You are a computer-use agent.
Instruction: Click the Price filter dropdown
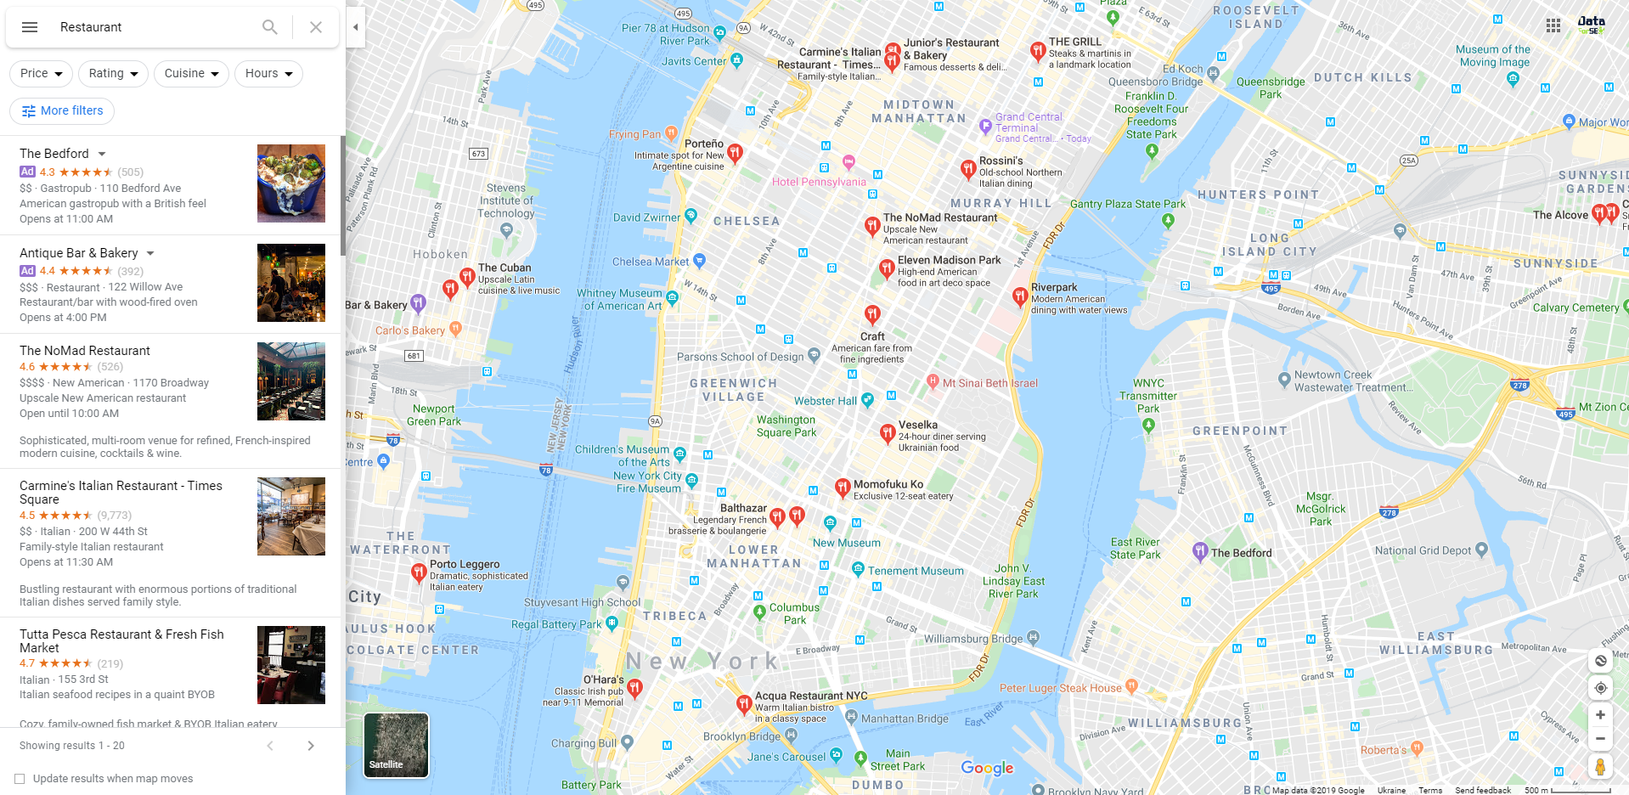click(x=41, y=74)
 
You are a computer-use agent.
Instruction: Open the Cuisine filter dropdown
click(x=191, y=74)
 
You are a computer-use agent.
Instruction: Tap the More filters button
click(x=62, y=111)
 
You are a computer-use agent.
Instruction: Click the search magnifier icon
click(x=269, y=27)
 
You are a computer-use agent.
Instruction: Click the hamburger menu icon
click(x=30, y=27)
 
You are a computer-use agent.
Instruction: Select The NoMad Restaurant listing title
click(x=85, y=351)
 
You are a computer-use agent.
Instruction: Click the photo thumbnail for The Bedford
click(x=290, y=183)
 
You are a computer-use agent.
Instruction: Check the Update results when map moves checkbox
click(x=20, y=779)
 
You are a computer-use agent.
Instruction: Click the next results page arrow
click(x=311, y=746)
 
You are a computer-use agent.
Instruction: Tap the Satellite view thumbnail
click(x=396, y=745)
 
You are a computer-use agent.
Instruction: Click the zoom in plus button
click(x=1600, y=715)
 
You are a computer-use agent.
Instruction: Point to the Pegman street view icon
click(x=1600, y=767)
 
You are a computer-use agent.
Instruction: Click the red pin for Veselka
click(x=887, y=433)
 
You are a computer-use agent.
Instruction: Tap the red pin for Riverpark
click(x=1020, y=296)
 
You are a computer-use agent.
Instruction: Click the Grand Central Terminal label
click(x=1029, y=122)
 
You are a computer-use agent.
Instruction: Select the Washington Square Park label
click(x=786, y=426)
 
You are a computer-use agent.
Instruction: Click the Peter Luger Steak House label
click(x=1060, y=688)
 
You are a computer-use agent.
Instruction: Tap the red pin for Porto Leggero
click(x=418, y=572)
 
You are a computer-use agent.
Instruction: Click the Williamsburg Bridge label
click(x=973, y=639)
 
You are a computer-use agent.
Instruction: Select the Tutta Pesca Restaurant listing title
click(x=121, y=641)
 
